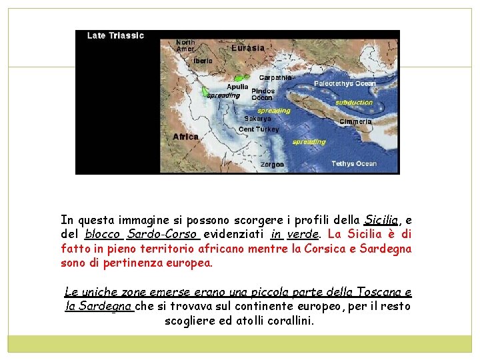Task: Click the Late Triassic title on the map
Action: [115, 36]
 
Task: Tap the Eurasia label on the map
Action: [247, 48]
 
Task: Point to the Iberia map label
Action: [203, 61]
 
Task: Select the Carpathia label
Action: [275, 78]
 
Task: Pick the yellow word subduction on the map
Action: [353, 103]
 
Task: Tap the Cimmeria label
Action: [355, 122]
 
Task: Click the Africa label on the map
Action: [186, 137]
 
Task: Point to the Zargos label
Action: [272, 164]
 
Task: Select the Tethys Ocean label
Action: [354, 164]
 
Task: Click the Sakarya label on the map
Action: [257, 119]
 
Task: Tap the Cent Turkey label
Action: [259, 129]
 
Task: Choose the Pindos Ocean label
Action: [262, 94]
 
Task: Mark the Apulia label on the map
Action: [237, 87]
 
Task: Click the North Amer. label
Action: [185, 45]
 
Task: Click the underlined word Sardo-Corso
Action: [163, 234]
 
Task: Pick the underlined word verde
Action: [302, 234]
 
